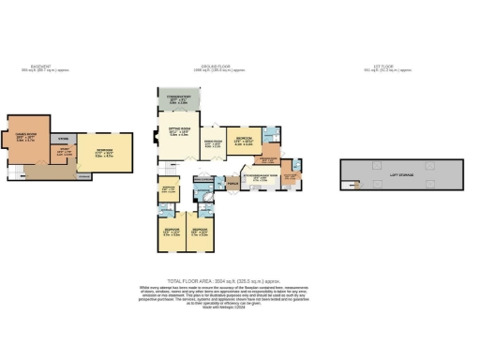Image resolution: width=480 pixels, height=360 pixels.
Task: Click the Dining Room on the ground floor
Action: [x=215, y=144]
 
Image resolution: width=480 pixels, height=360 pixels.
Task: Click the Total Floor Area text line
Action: [x=240, y=280]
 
